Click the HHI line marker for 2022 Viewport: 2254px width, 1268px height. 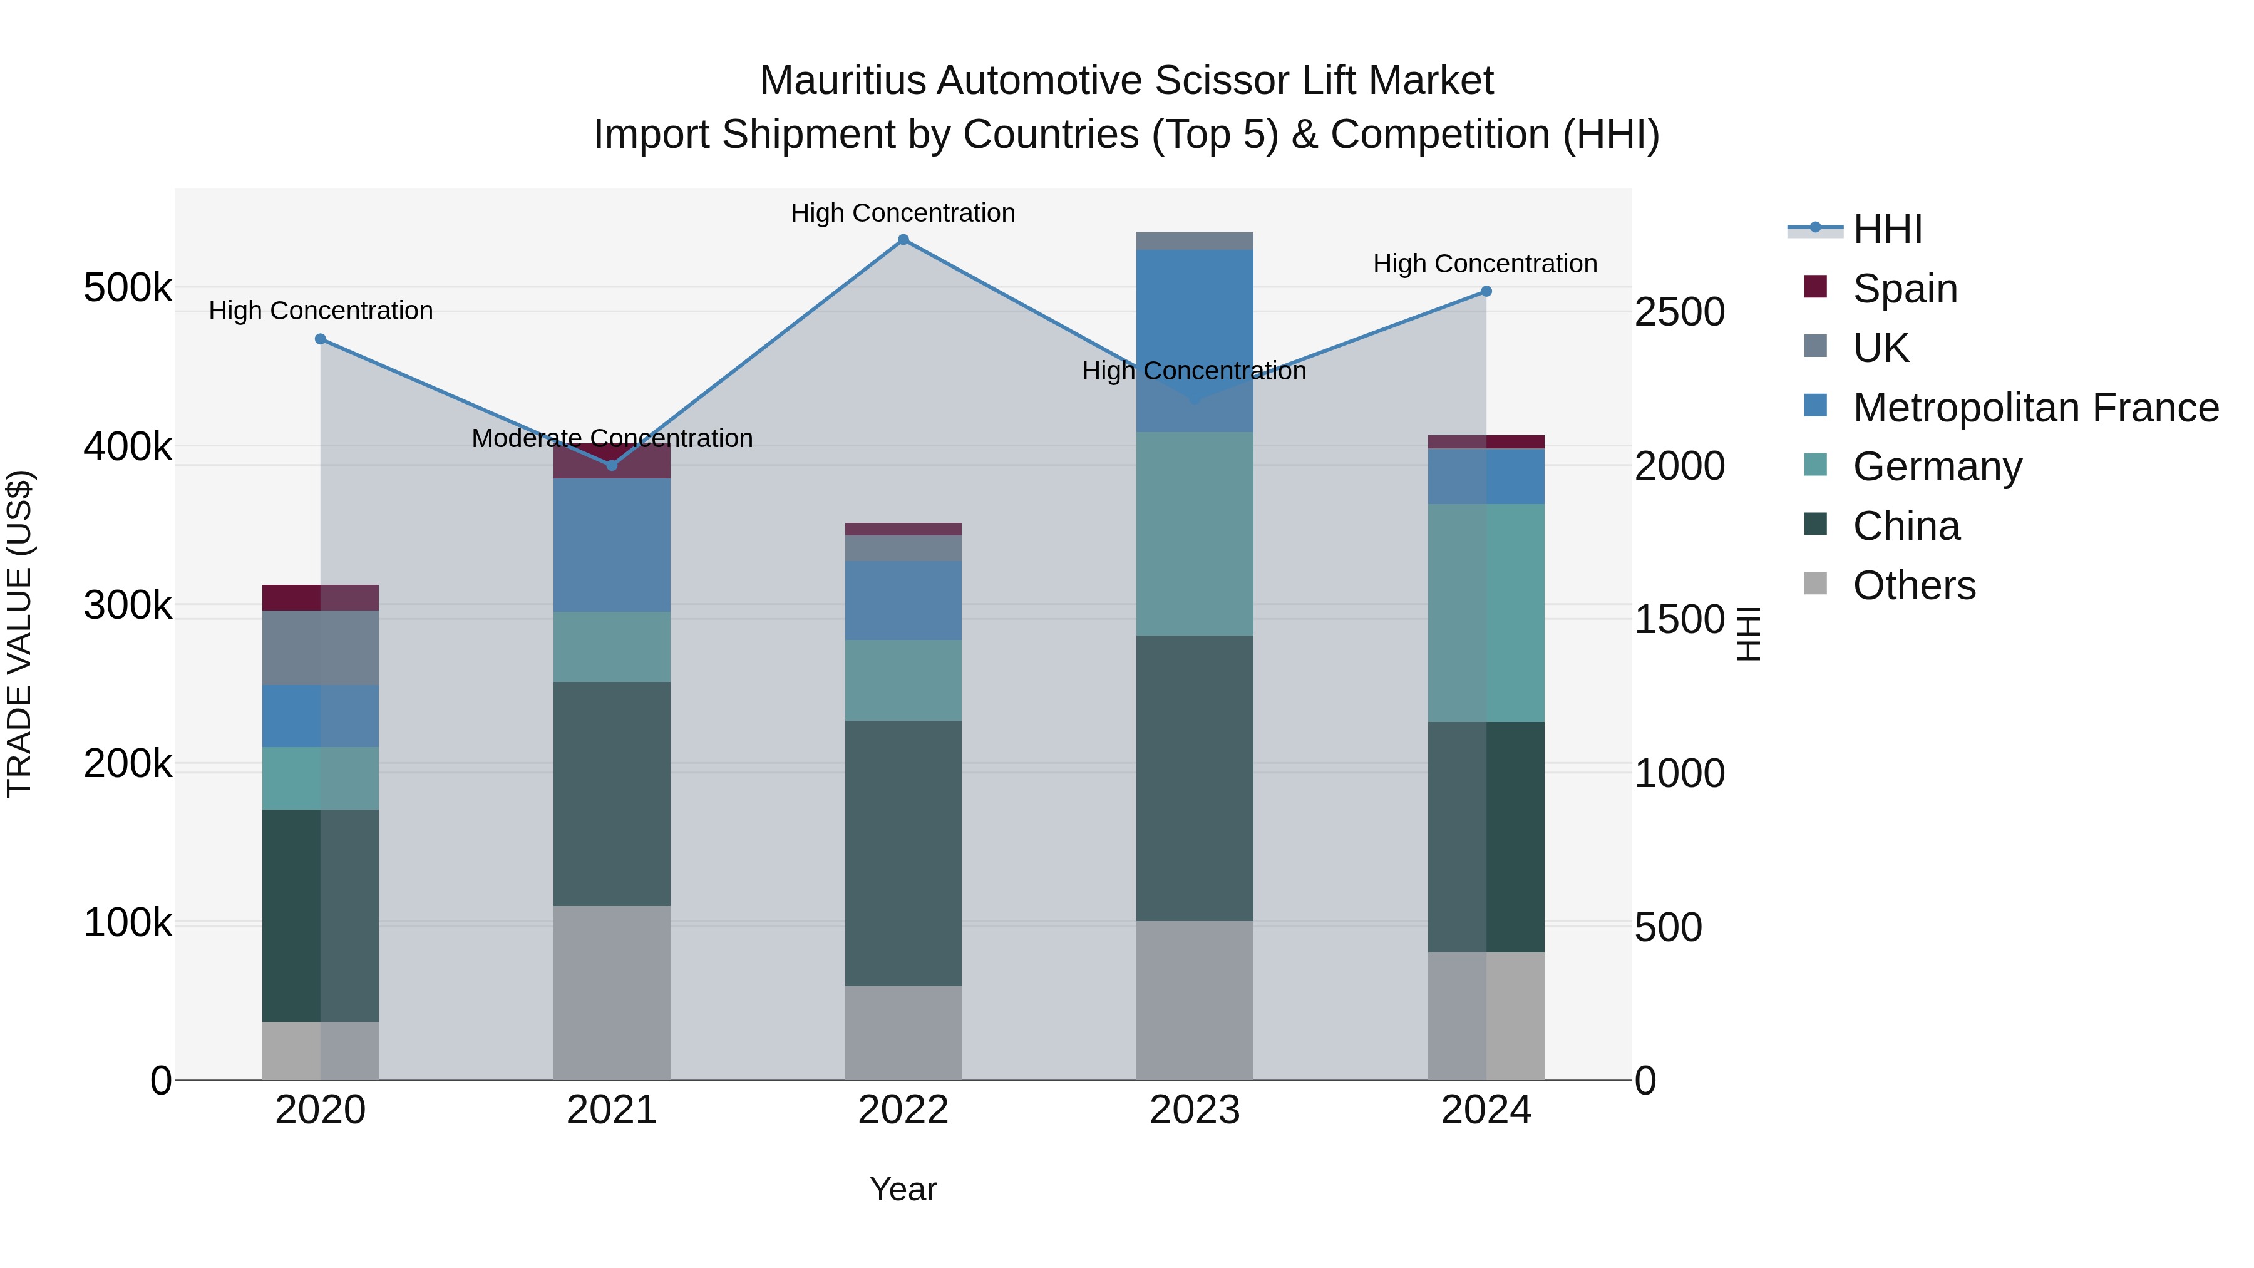click(903, 239)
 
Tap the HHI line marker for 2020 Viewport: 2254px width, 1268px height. click(320, 339)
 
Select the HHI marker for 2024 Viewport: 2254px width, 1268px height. click(1486, 291)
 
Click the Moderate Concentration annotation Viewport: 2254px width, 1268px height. click(612, 438)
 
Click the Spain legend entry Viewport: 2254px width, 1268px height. click(1904, 289)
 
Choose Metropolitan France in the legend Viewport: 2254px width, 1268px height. click(2035, 408)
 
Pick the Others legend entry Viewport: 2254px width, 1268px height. click(1913, 585)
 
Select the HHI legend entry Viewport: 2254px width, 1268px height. click(1886, 229)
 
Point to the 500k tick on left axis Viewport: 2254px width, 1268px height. click(128, 288)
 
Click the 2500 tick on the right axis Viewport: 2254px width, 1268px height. click(1679, 312)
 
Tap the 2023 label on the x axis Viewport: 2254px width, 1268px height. click(1195, 1110)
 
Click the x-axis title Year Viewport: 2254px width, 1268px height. click(903, 1189)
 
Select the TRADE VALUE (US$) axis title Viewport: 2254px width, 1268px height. click(19, 634)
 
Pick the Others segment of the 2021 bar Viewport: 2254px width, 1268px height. click(612, 992)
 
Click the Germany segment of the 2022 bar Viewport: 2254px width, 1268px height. click(903, 680)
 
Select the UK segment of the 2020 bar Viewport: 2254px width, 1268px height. click(320, 647)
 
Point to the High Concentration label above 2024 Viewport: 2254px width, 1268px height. click(1485, 264)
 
